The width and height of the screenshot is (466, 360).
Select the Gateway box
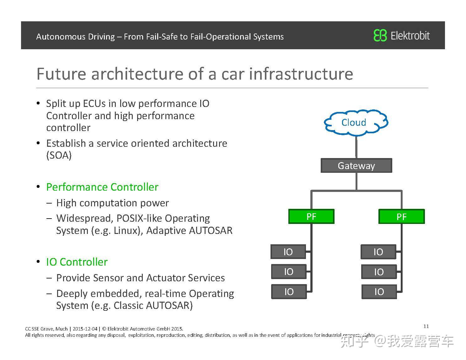tap(356, 166)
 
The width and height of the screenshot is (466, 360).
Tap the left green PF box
tap(311, 216)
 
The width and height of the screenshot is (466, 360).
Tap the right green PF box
tap(401, 217)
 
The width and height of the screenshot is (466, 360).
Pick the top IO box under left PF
tap(288, 252)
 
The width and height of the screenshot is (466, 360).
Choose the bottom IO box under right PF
tap(379, 292)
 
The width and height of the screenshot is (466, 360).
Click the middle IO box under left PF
tap(288, 272)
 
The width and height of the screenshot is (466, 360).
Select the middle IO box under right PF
tap(379, 272)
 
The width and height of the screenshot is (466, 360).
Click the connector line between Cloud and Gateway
tap(356, 147)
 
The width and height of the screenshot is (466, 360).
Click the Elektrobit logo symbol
tap(380, 35)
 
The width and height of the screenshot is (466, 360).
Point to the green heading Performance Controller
tap(102, 187)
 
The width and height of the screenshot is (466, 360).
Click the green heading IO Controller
tap(77, 262)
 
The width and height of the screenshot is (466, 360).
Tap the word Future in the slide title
tap(61, 74)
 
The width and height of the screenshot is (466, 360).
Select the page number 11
tap(426, 326)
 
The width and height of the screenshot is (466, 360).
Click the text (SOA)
tap(59, 155)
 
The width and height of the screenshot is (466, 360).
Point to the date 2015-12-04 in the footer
tap(85, 329)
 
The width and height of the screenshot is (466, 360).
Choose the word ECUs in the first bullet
tap(94, 103)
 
